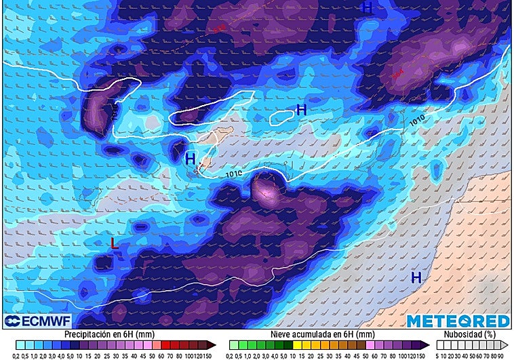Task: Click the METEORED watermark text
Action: (x=458, y=321)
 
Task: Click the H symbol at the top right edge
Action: (x=368, y=8)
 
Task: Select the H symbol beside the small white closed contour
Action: (x=301, y=110)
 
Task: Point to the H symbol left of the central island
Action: (x=191, y=159)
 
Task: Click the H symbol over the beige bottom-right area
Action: (x=416, y=277)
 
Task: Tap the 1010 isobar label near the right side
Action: (x=418, y=121)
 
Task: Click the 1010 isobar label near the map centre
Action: (x=235, y=174)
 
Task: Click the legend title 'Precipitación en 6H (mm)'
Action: (x=105, y=334)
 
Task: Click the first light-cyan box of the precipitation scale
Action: (x=19, y=344)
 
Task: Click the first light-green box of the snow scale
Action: (x=234, y=344)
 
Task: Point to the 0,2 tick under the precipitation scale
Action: (x=17, y=355)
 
